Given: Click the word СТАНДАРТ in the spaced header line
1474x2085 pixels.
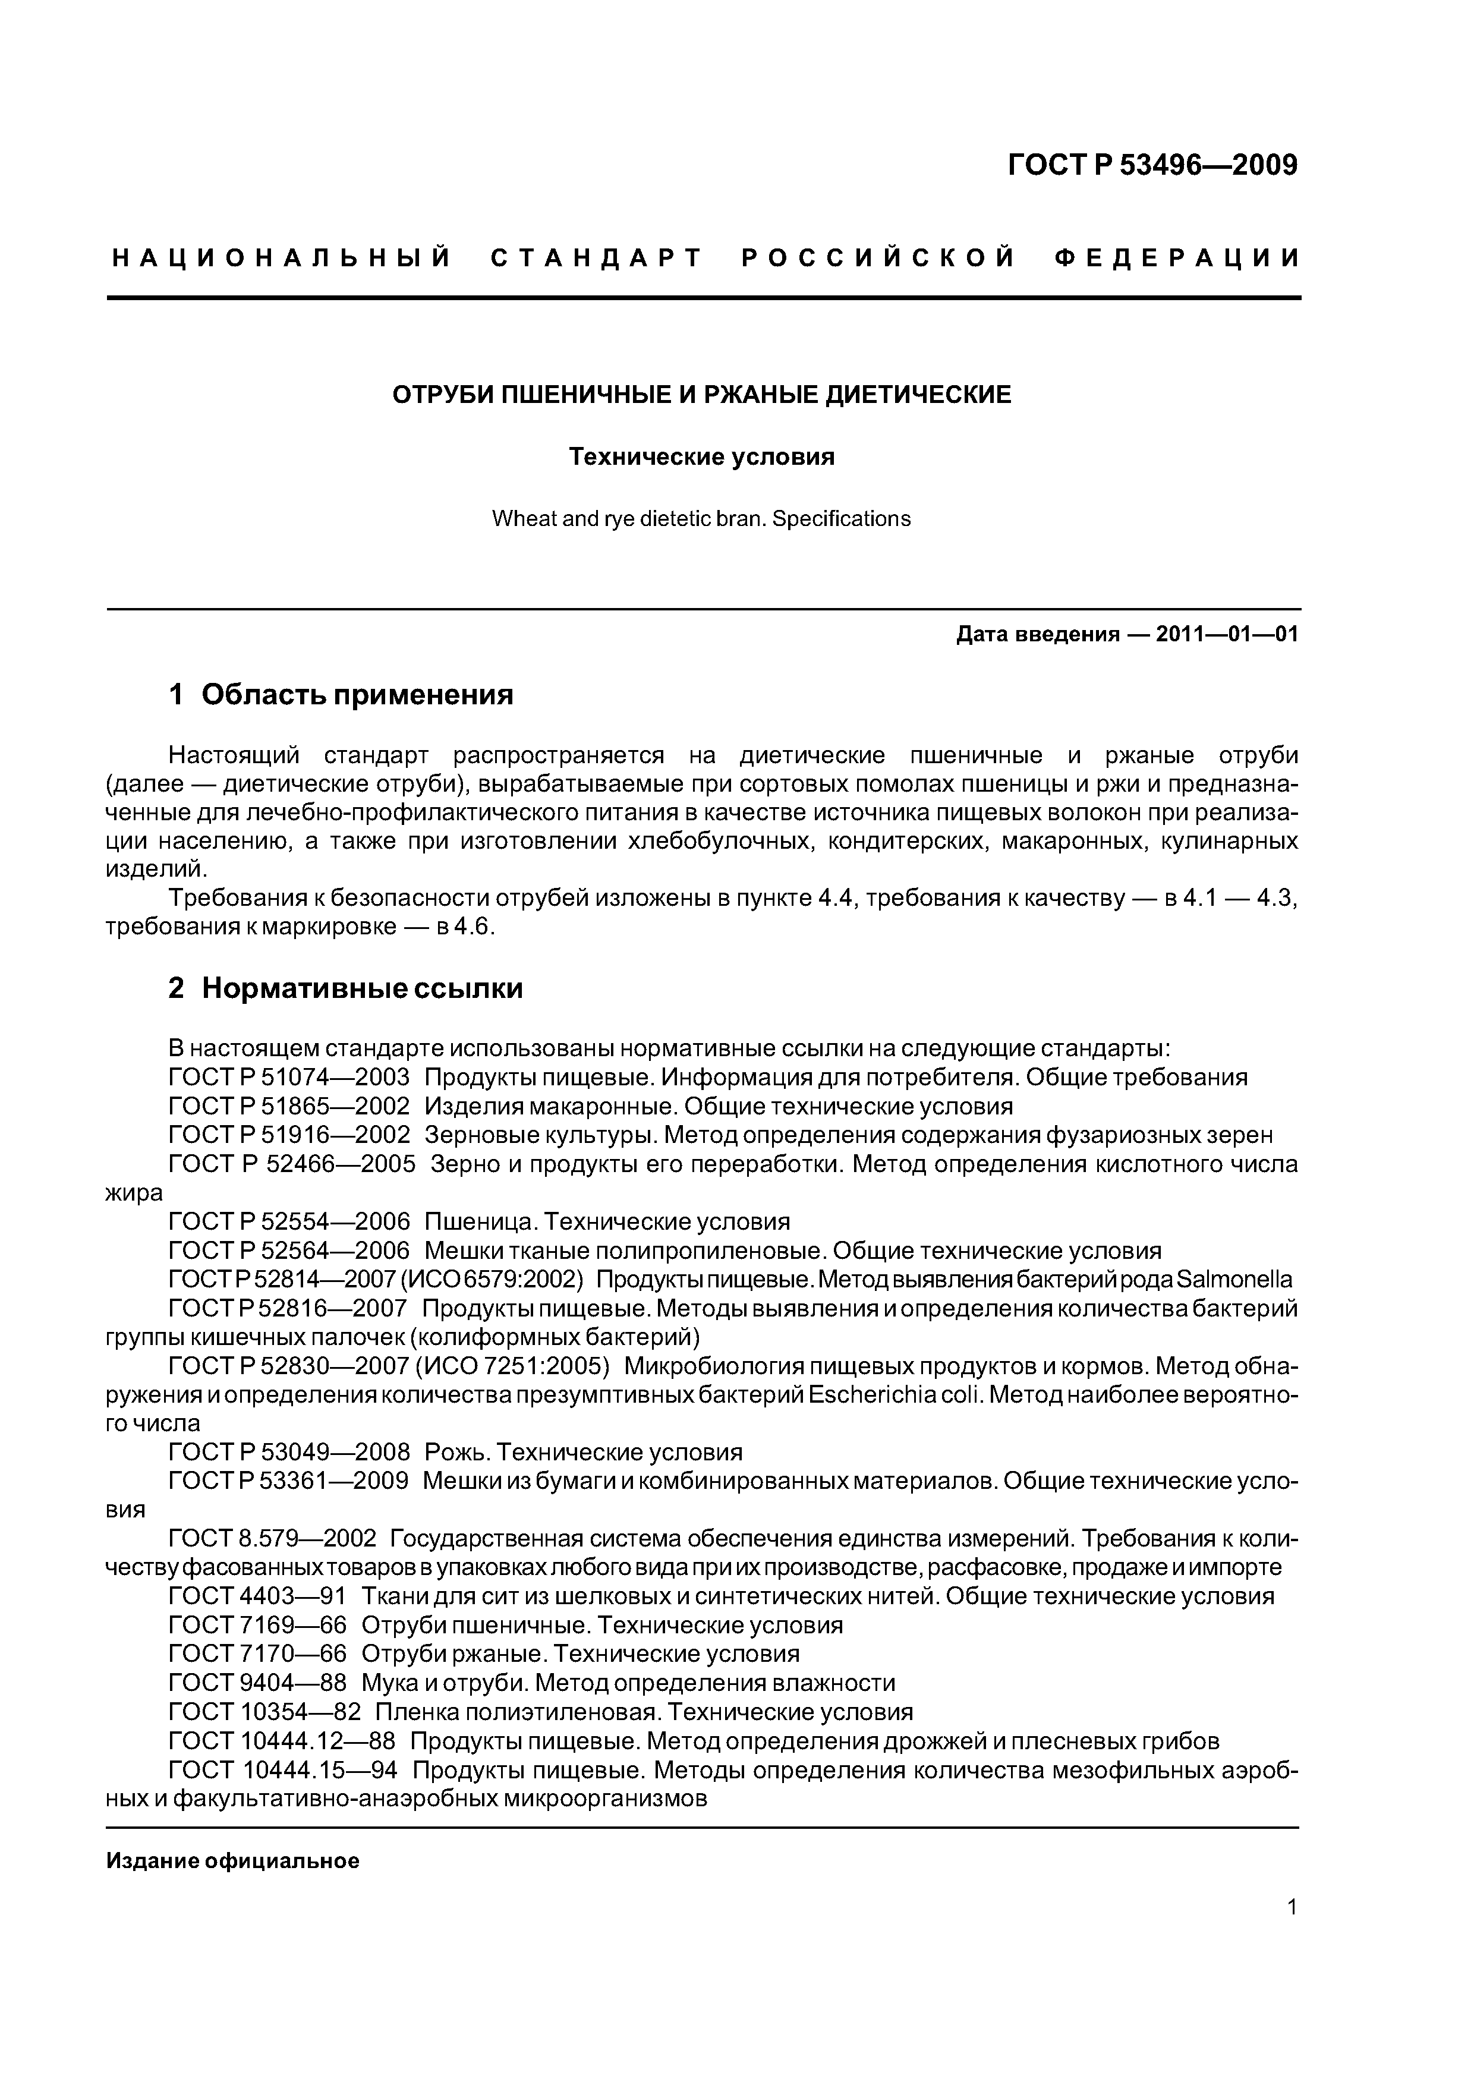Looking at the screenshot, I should point(597,259).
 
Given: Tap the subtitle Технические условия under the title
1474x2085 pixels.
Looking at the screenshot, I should point(701,457).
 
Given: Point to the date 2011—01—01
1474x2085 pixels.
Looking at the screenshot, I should point(1227,634).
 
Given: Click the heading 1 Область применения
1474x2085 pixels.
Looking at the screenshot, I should point(341,695).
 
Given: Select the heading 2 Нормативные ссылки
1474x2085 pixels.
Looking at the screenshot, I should point(345,988).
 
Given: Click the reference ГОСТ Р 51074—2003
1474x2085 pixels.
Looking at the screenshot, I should point(289,1078).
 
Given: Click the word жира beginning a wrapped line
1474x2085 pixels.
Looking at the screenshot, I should point(134,1193).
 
